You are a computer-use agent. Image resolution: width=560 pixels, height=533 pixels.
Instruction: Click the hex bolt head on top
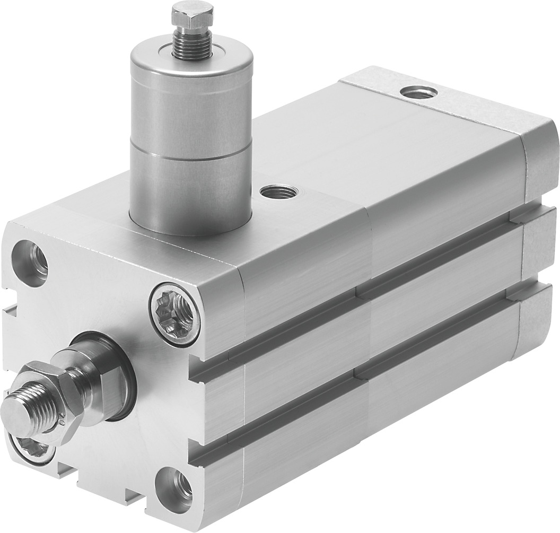click(x=192, y=14)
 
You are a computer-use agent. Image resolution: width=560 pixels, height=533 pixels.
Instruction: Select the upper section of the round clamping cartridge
click(x=191, y=106)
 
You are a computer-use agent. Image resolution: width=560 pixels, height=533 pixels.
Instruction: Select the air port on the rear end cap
click(x=419, y=92)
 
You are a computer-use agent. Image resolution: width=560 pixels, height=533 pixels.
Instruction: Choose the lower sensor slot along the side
click(x=371, y=366)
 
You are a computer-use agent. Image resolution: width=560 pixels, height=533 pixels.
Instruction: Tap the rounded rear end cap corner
click(x=538, y=159)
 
